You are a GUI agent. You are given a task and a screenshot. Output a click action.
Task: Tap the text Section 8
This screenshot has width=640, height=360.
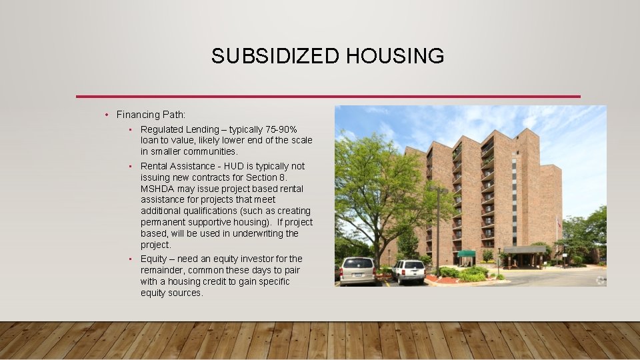tap(269, 177)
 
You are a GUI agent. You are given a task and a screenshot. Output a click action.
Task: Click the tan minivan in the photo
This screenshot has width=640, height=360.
tap(357, 270)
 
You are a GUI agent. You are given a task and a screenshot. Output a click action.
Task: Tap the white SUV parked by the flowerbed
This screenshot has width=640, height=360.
tap(409, 270)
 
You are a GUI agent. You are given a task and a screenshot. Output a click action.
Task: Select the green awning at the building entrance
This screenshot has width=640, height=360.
tap(466, 253)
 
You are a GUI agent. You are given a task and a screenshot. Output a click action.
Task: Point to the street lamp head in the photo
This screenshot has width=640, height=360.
tap(437, 190)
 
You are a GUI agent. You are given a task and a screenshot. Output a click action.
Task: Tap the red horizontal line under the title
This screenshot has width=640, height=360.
tap(328, 97)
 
